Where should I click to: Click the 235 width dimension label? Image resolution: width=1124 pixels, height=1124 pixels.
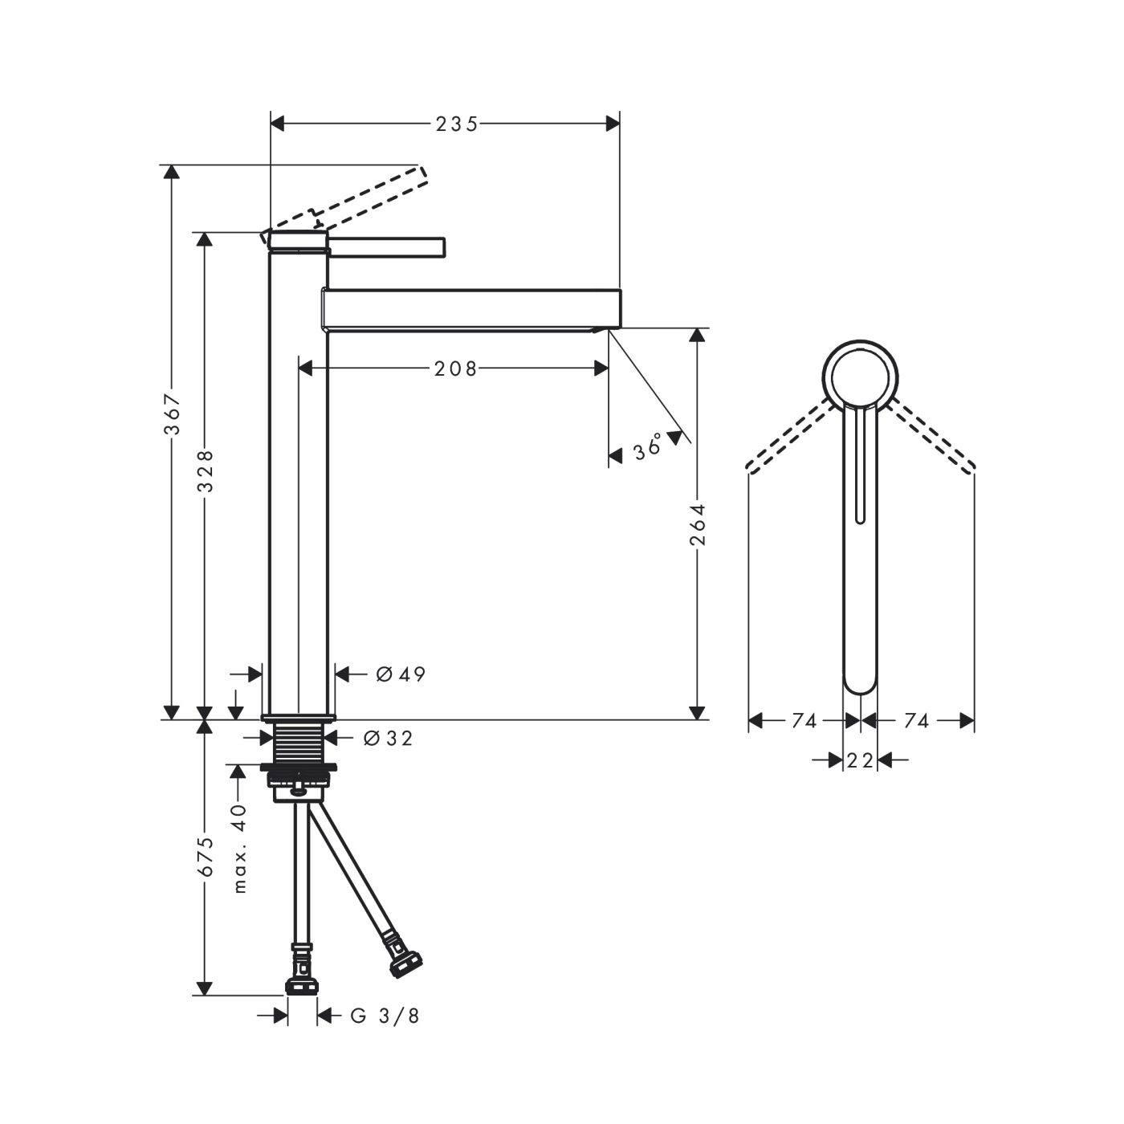point(456,124)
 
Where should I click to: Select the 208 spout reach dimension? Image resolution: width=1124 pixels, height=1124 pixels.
point(455,369)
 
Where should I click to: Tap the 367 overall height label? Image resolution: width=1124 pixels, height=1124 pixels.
point(173,413)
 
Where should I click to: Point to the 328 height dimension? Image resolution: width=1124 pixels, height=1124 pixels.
point(206,470)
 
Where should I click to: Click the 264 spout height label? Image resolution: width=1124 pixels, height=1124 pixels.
point(698,524)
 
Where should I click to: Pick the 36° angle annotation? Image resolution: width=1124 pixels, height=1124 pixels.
point(648,446)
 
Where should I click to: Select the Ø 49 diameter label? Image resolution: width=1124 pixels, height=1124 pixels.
point(401,674)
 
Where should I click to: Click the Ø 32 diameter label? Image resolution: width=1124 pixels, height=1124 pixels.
point(388,739)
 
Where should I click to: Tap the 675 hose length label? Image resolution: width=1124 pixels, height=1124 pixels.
point(206,857)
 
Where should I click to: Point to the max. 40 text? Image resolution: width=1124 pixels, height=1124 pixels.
point(239,849)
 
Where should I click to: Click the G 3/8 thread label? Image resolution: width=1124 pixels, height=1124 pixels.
point(385,1016)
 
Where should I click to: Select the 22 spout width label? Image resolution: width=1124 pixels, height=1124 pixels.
point(860,760)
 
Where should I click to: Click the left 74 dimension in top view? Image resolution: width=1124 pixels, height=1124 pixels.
point(804,721)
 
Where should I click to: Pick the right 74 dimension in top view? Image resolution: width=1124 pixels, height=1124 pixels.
point(916,721)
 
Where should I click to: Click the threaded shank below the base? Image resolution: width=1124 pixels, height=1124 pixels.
point(299,743)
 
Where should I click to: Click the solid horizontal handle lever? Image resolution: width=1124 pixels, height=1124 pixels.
point(387,248)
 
